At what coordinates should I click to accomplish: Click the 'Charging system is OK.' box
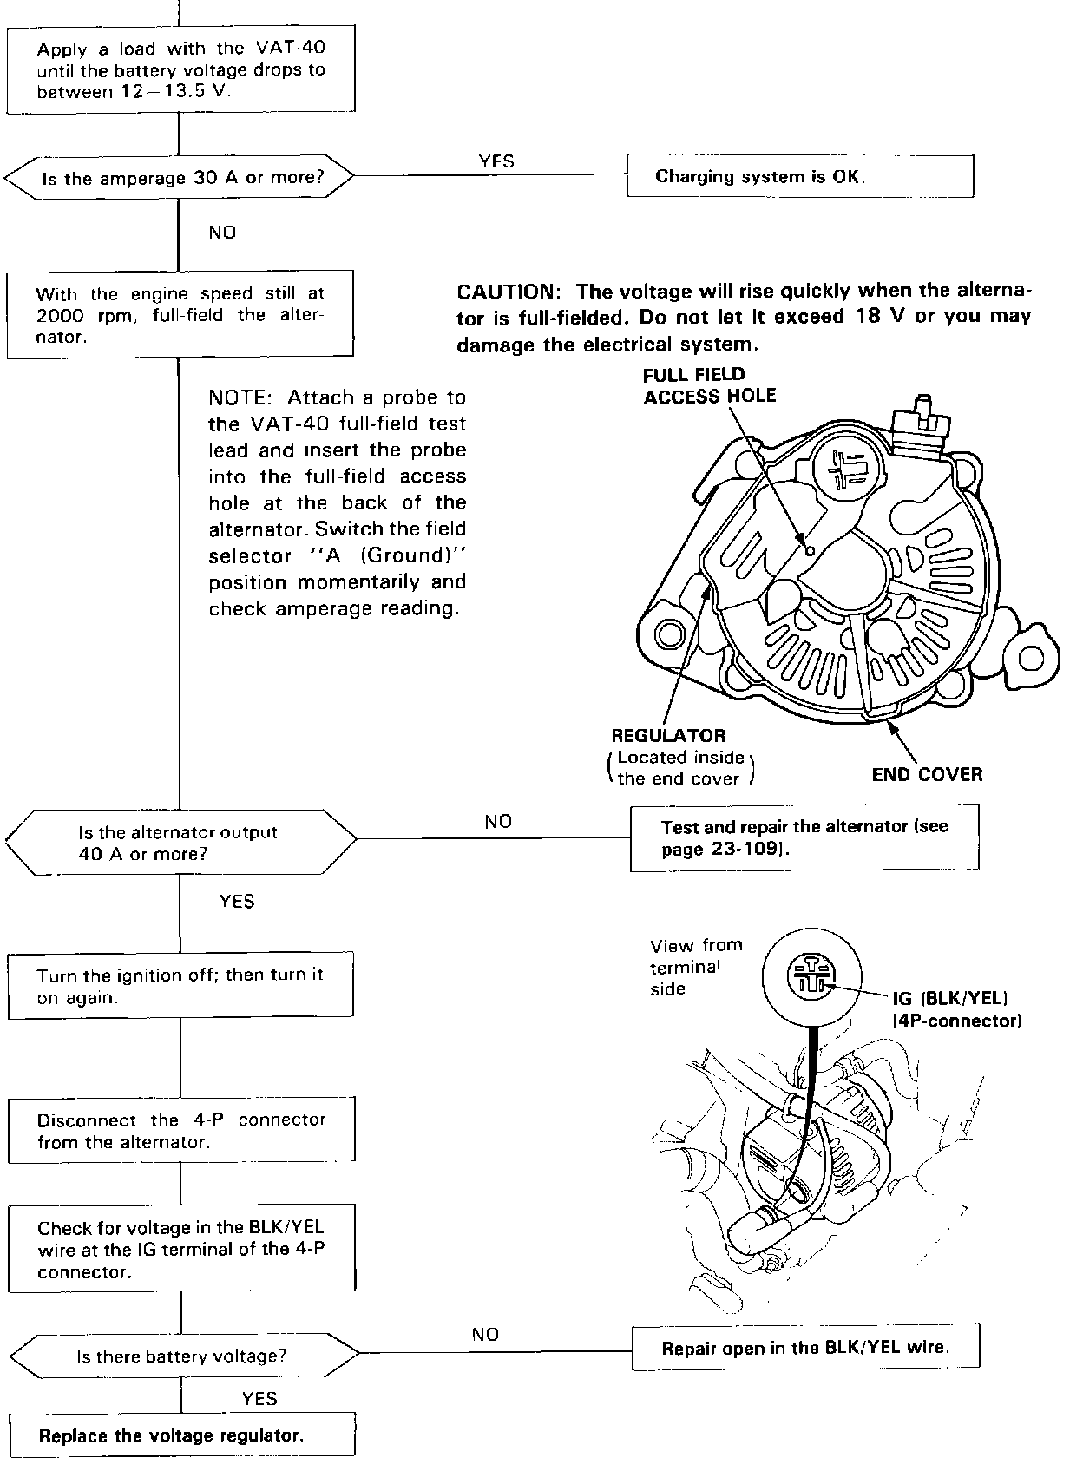click(x=799, y=177)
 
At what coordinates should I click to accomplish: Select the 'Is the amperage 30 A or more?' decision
click(x=180, y=179)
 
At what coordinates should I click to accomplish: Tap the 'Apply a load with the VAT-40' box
click(x=180, y=70)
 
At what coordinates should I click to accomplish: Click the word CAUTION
click(x=504, y=292)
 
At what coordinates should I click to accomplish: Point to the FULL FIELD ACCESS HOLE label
click(x=709, y=385)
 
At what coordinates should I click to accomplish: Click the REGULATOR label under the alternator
click(x=668, y=736)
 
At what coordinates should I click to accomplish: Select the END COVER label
click(x=927, y=774)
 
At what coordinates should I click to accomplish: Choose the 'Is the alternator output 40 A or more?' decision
click(x=180, y=843)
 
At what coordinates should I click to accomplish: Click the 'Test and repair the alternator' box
click(x=804, y=837)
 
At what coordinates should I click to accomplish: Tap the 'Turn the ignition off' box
click(x=180, y=986)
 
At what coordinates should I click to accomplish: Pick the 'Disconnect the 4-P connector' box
click(x=180, y=1130)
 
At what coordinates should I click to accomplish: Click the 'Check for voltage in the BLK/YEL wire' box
click(x=181, y=1250)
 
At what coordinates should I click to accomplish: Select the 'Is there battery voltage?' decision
click(x=181, y=1356)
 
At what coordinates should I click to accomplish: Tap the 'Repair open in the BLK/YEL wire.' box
click(x=804, y=1348)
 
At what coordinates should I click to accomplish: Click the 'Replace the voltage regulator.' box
click(x=181, y=1435)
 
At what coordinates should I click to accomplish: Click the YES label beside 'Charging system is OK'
click(x=496, y=161)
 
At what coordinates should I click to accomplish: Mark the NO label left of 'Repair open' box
click(x=485, y=1334)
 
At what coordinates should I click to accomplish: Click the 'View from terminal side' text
click(x=694, y=967)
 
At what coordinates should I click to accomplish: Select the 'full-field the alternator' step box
click(x=180, y=314)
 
